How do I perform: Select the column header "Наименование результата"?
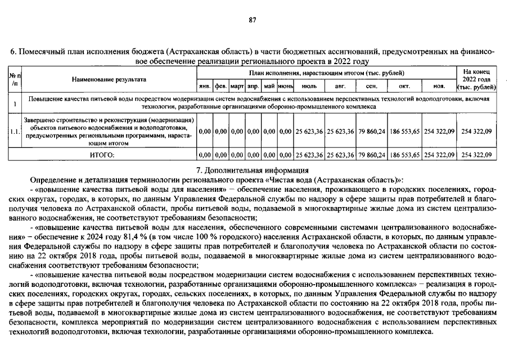click(109, 79)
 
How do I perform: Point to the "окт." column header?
click(404, 87)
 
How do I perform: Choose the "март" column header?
click(237, 87)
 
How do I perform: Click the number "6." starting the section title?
click(15, 52)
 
